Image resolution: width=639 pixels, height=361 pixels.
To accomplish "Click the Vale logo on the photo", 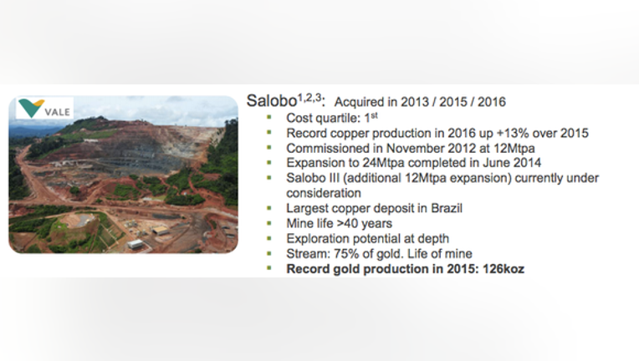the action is pyautogui.click(x=44, y=109).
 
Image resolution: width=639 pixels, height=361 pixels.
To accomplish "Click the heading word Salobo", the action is pyautogui.click(x=272, y=101).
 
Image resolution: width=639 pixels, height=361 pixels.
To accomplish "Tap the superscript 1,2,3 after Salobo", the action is pyautogui.click(x=309, y=98).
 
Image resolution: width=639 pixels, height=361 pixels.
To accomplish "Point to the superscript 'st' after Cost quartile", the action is pyautogui.click(x=375, y=115).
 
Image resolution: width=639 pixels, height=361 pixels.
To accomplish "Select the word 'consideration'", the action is pyautogui.click(x=324, y=193).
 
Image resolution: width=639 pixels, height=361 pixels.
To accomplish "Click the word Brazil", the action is pyautogui.click(x=447, y=208).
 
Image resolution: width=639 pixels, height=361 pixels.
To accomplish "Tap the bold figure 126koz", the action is pyautogui.click(x=504, y=269).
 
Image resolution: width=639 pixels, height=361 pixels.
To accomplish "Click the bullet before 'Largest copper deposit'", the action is pyautogui.click(x=269, y=208).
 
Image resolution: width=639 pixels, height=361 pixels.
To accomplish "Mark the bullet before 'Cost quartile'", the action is pyautogui.click(x=269, y=118).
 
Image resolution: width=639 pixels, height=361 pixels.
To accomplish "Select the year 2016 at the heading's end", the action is pyautogui.click(x=492, y=102).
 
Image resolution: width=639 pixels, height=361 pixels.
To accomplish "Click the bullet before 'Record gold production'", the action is pyautogui.click(x=269, y=268).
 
